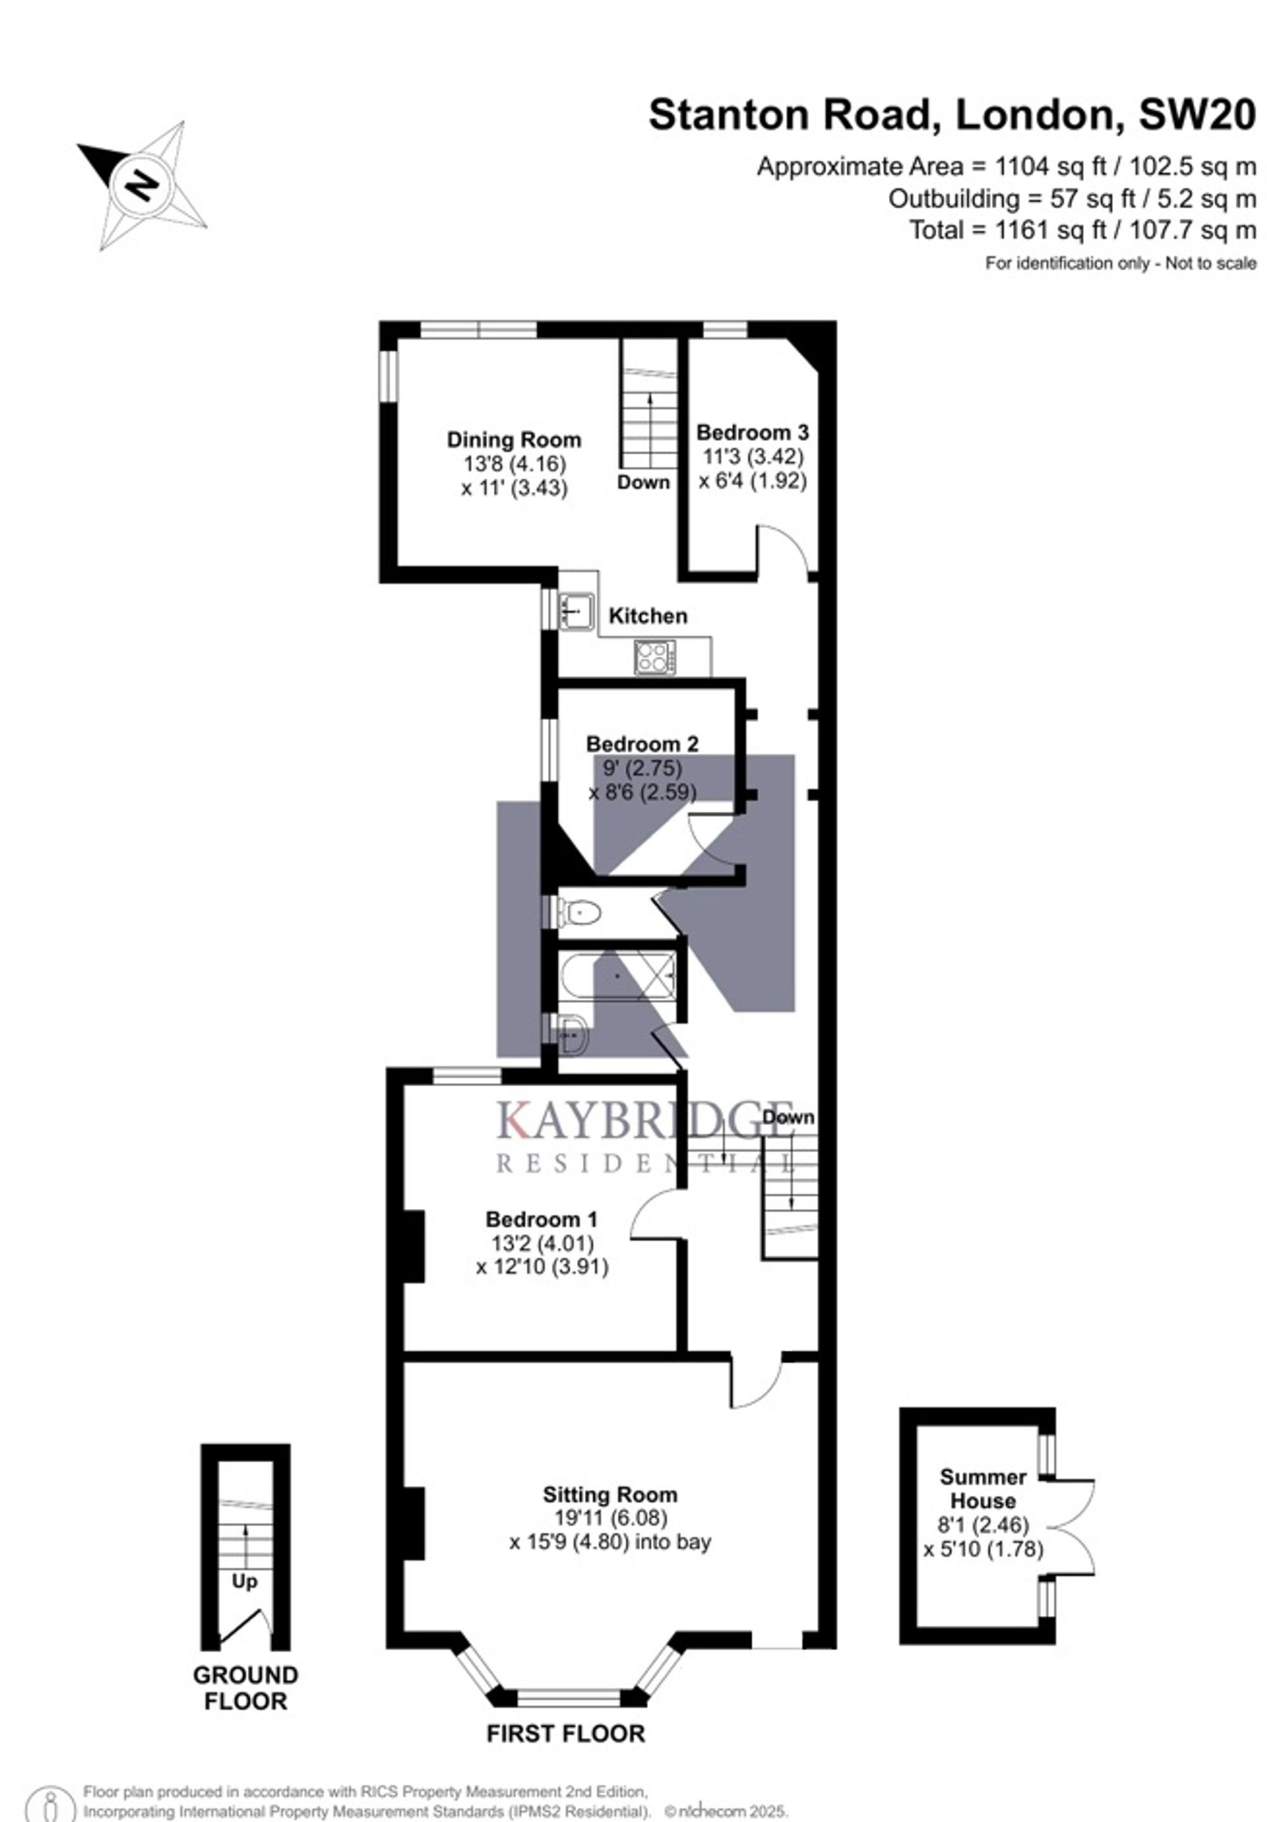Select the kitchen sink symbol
[576, 611]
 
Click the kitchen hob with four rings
[655, 658]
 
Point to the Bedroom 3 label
[752, 432]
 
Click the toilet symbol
[579, 913]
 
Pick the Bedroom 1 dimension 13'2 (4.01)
[543, 1243]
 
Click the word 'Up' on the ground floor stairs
[245, 1582]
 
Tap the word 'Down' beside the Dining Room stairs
[644, 482]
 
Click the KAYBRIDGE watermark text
[645, 1121]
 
